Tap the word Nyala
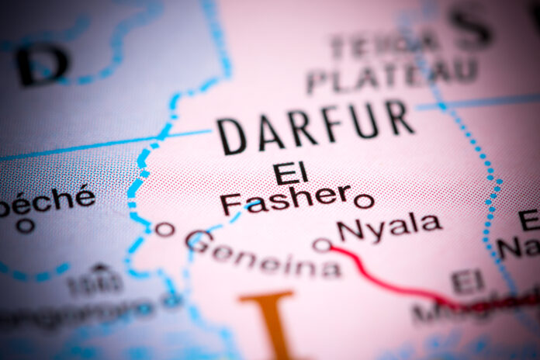point(389,226)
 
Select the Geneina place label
point(263,255)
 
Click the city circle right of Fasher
point(363,201)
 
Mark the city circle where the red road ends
point(321,245)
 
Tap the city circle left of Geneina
point(163,228)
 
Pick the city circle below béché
point(26,226)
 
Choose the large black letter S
point(471,27)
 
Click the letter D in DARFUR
point(232,137)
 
